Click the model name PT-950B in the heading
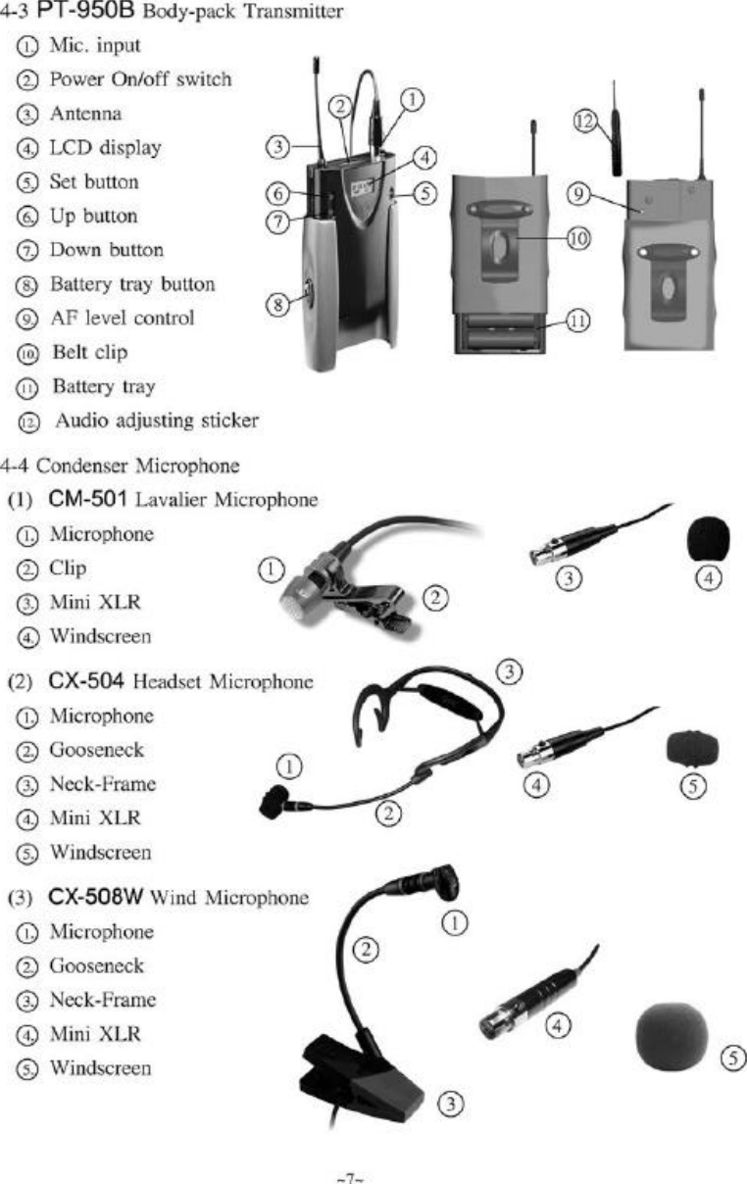point(83,13)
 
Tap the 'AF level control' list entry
point(122,318)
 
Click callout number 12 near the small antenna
point(585,121)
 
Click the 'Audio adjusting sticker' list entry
point(156,420)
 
